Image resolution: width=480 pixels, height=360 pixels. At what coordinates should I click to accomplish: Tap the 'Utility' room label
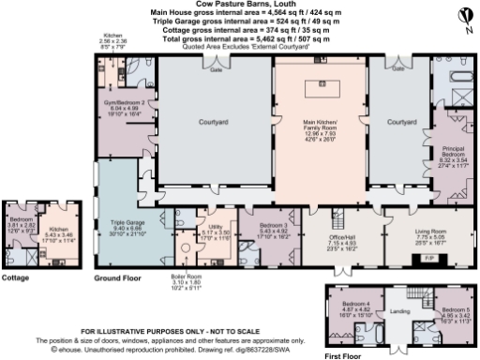click(x=216, y=226)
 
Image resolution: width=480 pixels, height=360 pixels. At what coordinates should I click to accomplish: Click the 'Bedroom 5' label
click(x=454, y=309)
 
